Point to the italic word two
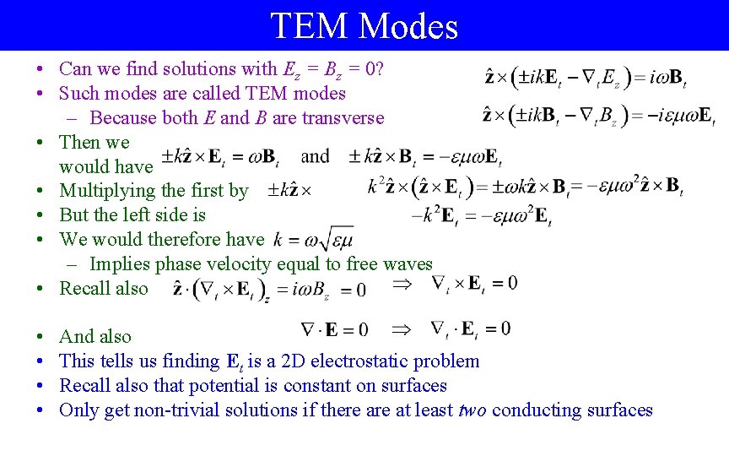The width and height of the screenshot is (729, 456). (472, 410)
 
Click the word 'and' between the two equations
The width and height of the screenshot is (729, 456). (315, 156)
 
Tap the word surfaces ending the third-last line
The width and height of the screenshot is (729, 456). (413, 386)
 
